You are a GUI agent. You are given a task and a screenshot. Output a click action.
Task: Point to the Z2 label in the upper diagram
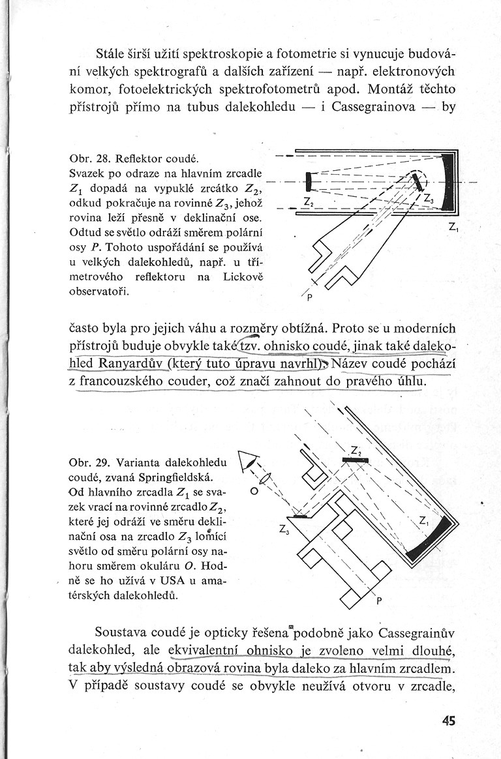[309, 201]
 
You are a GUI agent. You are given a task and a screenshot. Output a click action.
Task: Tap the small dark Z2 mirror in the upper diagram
[309, 180]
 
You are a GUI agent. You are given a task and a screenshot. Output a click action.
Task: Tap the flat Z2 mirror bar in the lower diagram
[355, 460]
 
